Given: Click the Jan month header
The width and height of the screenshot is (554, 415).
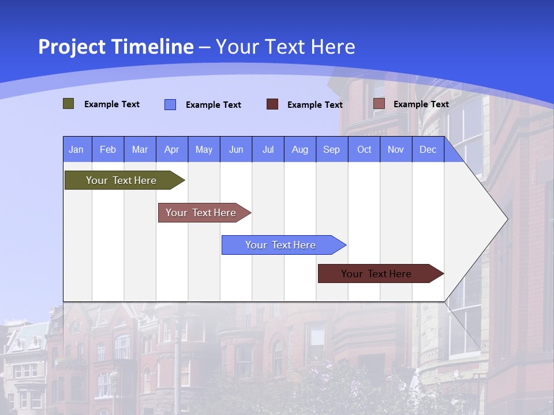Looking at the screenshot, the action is pos(76,150).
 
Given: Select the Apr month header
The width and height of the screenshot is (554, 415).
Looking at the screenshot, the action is pos(171,150).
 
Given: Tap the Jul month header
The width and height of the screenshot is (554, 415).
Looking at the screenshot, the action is pos(268,150).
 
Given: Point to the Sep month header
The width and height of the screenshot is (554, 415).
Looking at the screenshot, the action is pos(331,150).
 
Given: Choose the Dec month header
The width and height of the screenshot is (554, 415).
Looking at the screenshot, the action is pos(428,150).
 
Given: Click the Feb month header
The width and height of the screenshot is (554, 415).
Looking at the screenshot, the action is pos(108,150).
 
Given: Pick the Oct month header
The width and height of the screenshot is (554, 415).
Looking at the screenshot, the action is pos(364,150).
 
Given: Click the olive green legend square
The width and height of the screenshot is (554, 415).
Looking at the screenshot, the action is pos(69,104).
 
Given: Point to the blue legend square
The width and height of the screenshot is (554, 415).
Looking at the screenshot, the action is pos(170,104).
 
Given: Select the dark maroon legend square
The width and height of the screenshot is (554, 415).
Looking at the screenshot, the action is pos(272,104).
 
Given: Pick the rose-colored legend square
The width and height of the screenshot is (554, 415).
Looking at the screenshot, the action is pos(379,104).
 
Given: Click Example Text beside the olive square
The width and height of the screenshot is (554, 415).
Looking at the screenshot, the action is pos(112,104).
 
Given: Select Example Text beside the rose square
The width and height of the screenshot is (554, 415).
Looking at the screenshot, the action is pos(421,104).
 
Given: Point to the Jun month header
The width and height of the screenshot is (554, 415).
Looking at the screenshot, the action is pos(236,150).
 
